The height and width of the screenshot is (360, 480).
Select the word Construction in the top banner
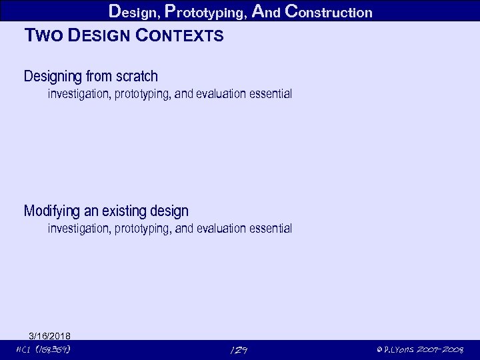click(328, 12)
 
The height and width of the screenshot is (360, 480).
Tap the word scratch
click(137, 77)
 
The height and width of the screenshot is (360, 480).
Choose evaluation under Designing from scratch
click(221, 94)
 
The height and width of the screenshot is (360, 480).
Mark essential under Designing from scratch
click(271, 94)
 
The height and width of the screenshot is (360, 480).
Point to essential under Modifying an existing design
click(271, 229)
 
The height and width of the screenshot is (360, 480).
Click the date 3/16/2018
click(50, 335)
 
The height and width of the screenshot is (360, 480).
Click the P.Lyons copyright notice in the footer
click(420, 349)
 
